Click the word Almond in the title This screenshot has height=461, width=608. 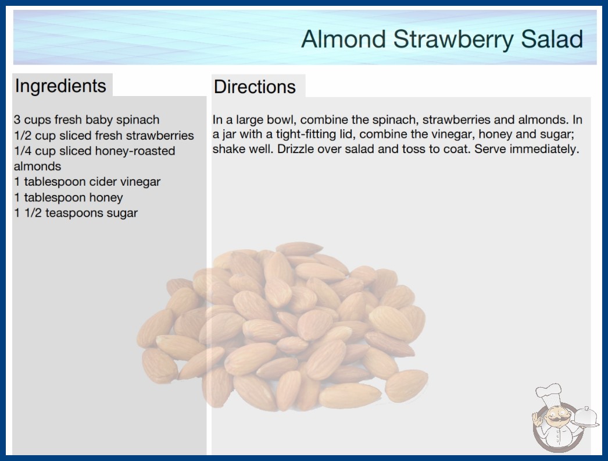click(343, 39)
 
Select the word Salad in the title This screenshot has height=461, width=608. click(552, 39)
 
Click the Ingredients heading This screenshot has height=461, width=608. click(60, 86)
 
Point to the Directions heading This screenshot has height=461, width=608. click(255, 87)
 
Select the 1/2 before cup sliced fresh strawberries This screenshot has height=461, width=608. click(23, 136)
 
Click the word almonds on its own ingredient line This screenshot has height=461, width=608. click(38, 166)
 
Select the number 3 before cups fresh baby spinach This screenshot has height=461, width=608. click(17, 120)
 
